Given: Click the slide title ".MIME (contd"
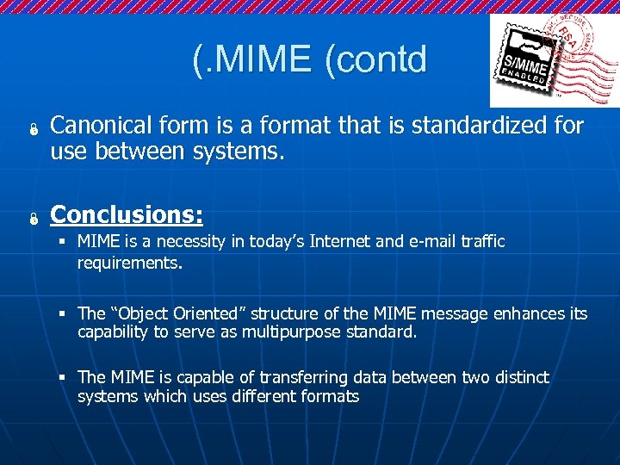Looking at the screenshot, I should pyautogui.click(x=309, y=59).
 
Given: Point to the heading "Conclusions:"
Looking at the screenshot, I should pyautogui.click(x=127, y=213).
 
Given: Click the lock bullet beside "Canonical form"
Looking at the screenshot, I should pyautogui.click(x=28, y=130).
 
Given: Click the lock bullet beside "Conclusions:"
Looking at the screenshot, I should pyautogui.click(x=28, y=216).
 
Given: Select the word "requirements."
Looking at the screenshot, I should pyautogui.click(x=130, y=263).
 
